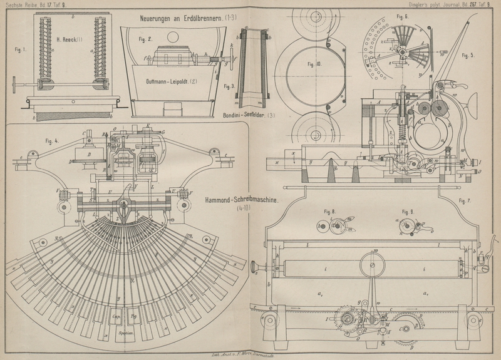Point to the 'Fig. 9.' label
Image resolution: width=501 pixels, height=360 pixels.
(x=314, y=64)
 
